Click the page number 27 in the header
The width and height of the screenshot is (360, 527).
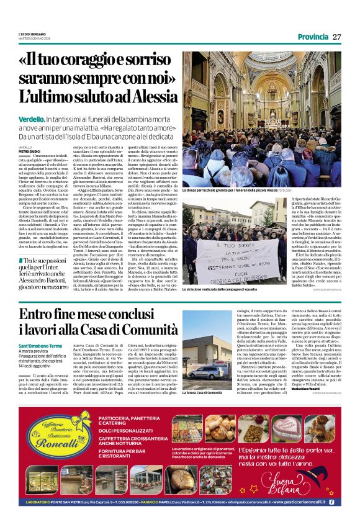pos(337,37)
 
